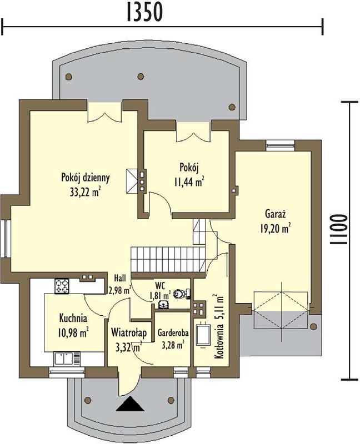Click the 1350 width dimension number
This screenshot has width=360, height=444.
point(144,12)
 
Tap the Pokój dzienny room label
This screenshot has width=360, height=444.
point(86,178)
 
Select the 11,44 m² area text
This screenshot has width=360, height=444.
point(189,182)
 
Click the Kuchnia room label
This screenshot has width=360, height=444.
point(73,318)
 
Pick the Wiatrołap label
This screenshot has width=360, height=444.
point(129,333)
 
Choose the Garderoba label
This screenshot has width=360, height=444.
point(173,334)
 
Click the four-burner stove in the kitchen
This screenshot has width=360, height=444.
point(62,286)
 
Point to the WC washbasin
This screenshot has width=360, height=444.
point(163,304)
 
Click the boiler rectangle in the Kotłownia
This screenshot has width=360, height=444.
point(203,336)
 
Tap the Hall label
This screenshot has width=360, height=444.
point(120,278)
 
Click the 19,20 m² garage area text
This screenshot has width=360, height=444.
point(275,229)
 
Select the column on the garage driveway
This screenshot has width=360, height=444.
point(313,326)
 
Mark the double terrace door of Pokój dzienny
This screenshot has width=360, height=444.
point(105,112)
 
